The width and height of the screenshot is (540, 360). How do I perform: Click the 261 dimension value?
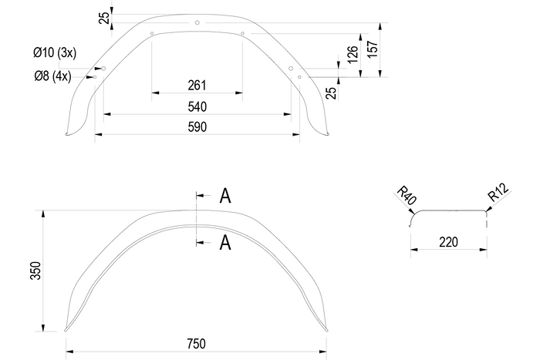pyautogui.click(x=197, y=85)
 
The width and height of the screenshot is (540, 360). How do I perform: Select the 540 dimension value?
pyautogui.click(x=197, y=106)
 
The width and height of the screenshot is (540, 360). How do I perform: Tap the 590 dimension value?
pyautogui.click(x=197, y=127)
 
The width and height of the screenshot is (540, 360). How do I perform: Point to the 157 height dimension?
pyautogui.click(x=373, y=51)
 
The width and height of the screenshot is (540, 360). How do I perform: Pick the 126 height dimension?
pyautogui.click(x=353, y=55)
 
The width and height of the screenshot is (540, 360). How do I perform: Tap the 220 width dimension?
pyautogui.click(x=447, y=242)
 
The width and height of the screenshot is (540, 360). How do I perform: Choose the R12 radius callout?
pyautogui.click(x=497, y=196)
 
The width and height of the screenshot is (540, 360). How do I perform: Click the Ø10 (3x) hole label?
pyautogui.click(x=54, y=53)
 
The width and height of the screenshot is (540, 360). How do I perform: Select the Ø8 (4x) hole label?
pyautogui.click(x=52, y=76)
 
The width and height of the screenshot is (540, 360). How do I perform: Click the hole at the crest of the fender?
pyautogui.click(x=197, y=22)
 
